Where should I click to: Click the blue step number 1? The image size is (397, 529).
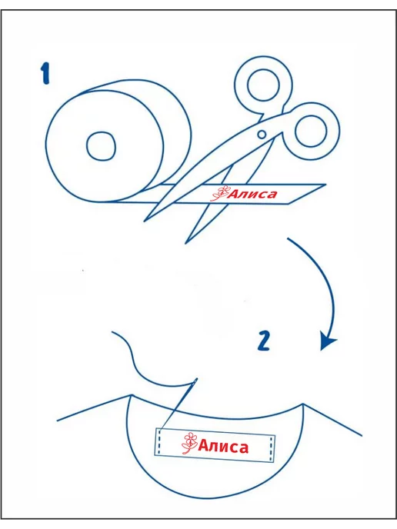pos(45,75)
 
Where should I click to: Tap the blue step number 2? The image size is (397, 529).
pos(264,341)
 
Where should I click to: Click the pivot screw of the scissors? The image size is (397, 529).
pos(262,135)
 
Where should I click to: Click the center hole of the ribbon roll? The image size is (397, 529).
pos(101,146)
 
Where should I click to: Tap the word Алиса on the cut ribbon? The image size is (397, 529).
pos(253,194)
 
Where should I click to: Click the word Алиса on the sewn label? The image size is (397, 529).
pos(223,446)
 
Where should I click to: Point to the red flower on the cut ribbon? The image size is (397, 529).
pos(219,194)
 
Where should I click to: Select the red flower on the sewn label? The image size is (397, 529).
pos(190,443)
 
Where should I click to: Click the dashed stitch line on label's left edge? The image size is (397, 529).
pos(159,441)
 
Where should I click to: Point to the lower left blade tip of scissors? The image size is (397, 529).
pos(145,221)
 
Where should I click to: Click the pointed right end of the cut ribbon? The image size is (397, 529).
pos(325,185)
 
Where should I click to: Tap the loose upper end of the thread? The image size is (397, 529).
pos(112,332)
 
